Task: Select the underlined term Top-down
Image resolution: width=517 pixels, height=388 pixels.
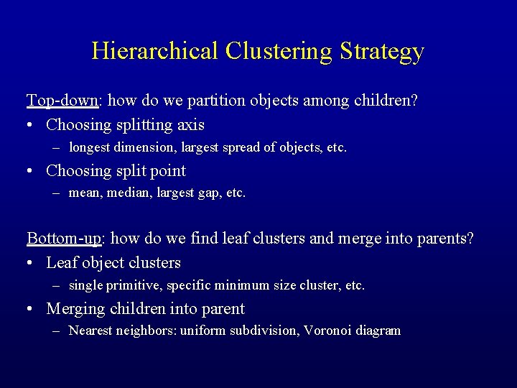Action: click(x=61, y=101)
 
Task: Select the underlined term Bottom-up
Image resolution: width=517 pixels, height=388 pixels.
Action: click(x=63, y=239)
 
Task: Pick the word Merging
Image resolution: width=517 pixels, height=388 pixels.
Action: click(x=75, y=310)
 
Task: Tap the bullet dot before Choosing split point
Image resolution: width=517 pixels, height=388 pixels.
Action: click(x=31, y=172)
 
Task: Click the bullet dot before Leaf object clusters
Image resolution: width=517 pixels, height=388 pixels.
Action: click(x=31, y=264)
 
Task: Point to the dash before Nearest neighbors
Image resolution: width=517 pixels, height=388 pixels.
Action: click(x=57, y=331)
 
